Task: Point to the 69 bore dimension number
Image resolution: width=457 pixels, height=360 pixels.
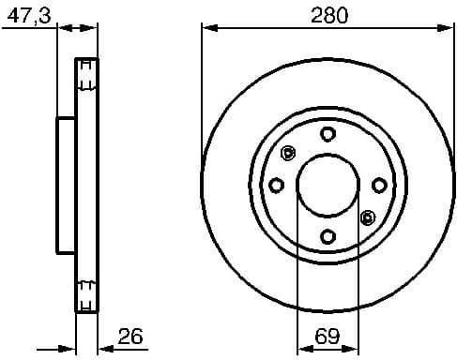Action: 328,335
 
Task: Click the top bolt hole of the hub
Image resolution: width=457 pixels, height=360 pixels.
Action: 328,134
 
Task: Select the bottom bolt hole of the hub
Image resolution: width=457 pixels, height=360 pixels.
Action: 328,235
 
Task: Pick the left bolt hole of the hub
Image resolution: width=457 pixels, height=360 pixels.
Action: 277,185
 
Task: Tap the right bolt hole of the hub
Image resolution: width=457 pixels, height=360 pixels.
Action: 378,185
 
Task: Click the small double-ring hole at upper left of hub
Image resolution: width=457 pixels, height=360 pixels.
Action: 288,153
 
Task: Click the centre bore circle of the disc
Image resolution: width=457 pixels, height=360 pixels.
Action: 328,185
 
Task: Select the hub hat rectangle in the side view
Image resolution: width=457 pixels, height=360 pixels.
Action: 66,185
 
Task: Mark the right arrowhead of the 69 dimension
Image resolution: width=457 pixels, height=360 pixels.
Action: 354,348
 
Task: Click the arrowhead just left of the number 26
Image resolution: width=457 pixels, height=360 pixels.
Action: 102,348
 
